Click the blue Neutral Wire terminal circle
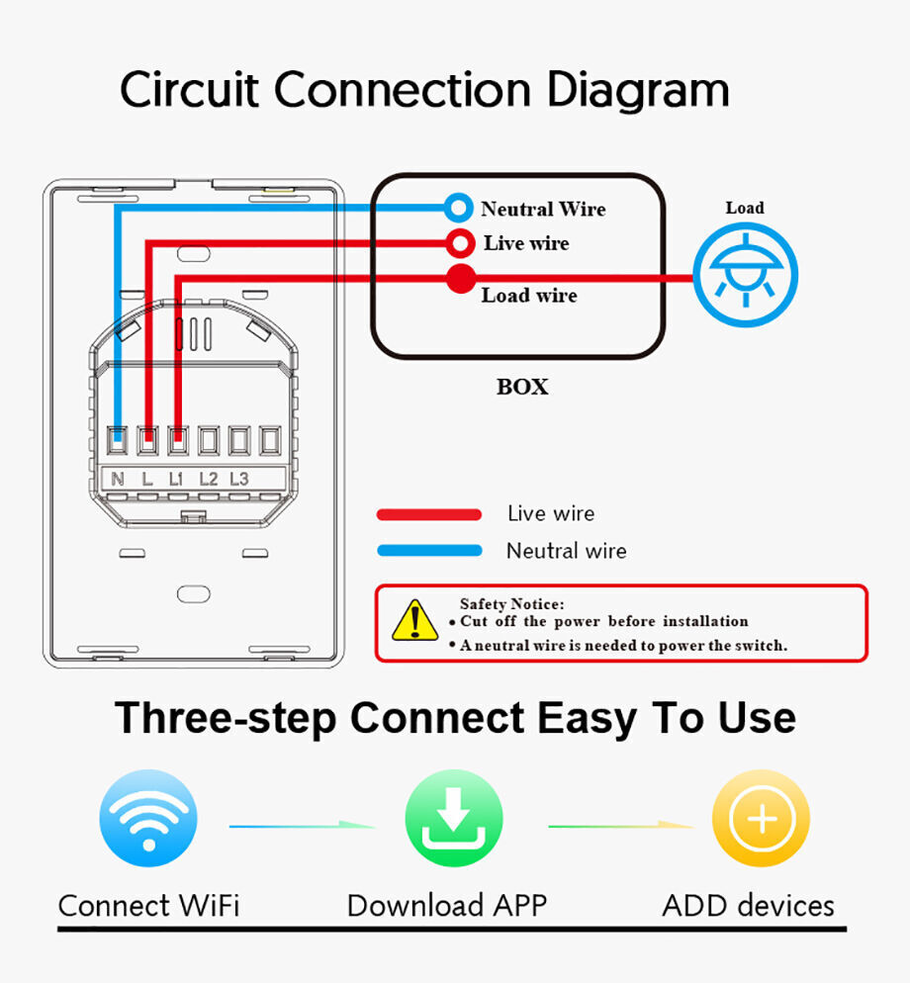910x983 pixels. click(458, 208)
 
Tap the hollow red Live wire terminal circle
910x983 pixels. click(460, 243)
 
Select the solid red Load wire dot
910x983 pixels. click(461, 278)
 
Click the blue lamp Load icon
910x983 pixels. click(745, 275)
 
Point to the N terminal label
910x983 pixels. click(118, 479)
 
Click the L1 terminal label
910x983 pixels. click(176, 479)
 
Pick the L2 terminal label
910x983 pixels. click(209, 479)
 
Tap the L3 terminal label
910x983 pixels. click(239, 479)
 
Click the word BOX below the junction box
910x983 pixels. click(522, 387)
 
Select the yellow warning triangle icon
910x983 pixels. click(414, 620)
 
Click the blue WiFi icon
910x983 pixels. click(148, 818)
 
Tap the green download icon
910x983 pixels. click(454, 818)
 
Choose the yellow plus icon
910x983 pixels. click(761, 818)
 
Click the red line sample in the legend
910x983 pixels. click(429, 514)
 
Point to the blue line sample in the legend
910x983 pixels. click(429, 551)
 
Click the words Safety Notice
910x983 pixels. click(511, 603)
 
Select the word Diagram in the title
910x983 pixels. click(638, 91)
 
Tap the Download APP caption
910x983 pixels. click(447, 906)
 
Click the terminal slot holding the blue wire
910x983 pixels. click(118, 440)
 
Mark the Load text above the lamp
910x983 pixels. click(745, 208)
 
